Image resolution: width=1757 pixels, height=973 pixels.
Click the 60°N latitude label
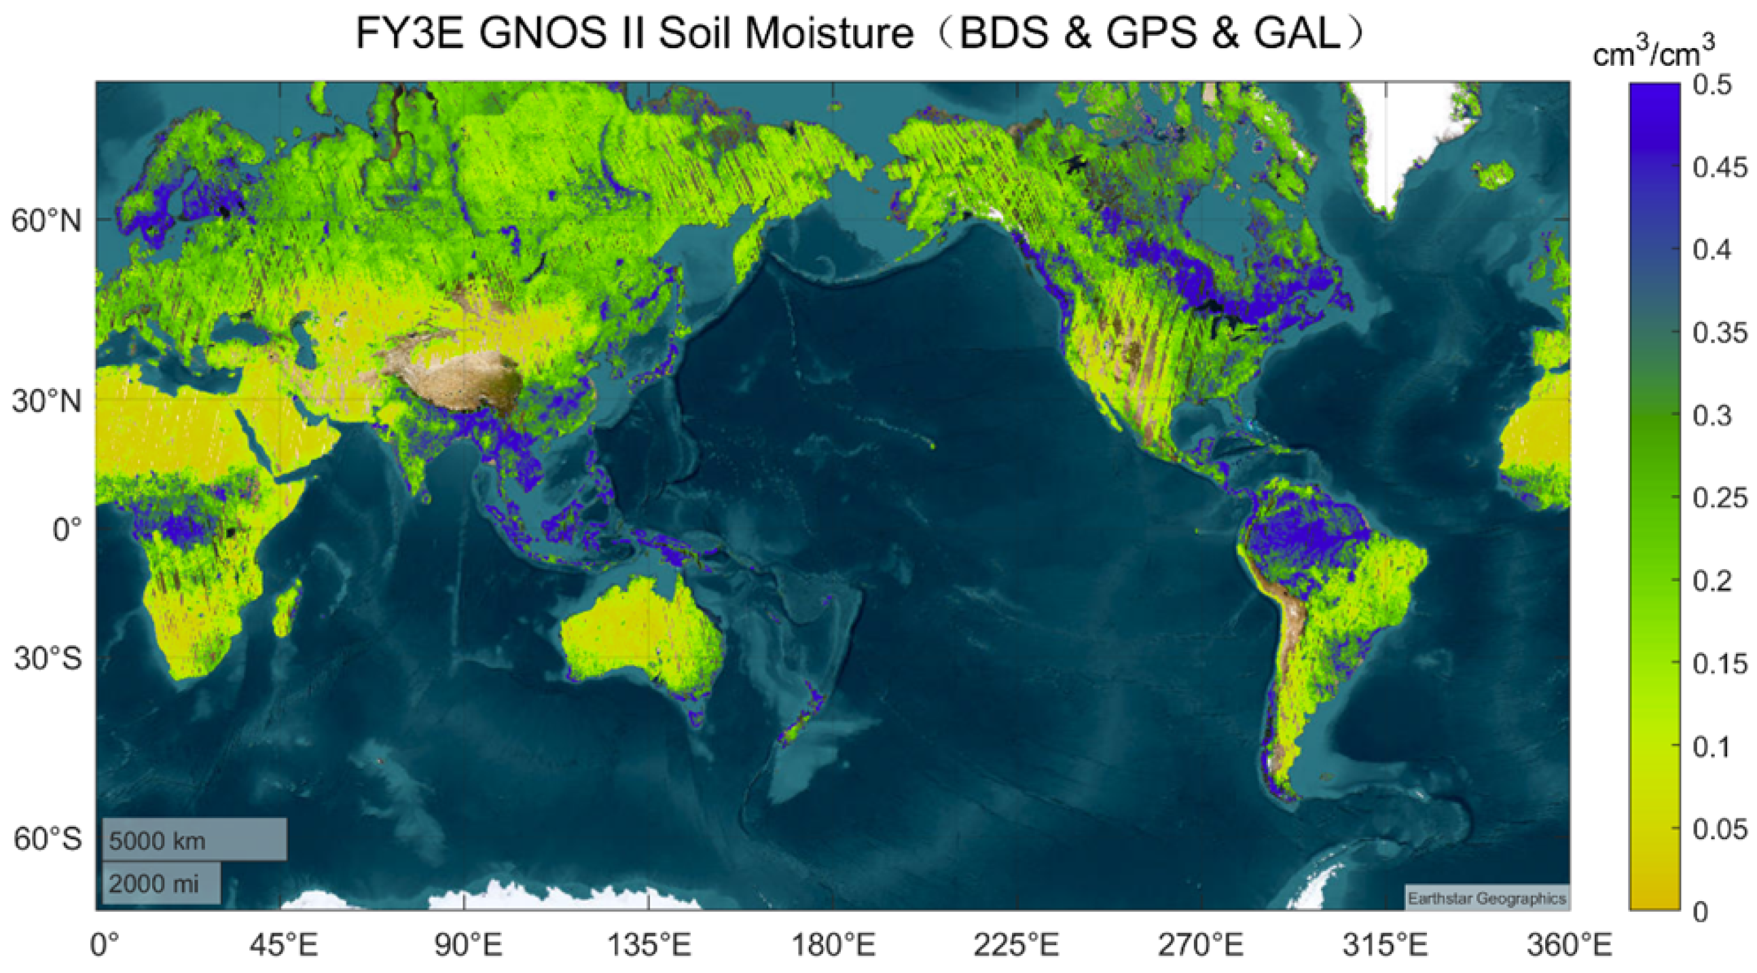click(x=46, y=221)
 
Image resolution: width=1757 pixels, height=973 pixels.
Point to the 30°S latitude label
click(x=48, y=659)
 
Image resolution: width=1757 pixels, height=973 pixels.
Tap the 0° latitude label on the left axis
click(x=67, y=529)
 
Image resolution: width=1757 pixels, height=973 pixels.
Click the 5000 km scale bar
click(x=195, y=840)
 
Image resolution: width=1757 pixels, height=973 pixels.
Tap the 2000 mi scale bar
click(x=162, y=883)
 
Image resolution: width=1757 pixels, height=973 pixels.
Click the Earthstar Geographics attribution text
click(x=1487, y=899)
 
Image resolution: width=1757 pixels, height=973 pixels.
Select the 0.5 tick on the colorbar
click(x=1712, y=85)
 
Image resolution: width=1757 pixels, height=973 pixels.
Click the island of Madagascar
click(x=287, y=607)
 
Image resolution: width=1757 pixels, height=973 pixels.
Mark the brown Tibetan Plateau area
click(x=457, y=378)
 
